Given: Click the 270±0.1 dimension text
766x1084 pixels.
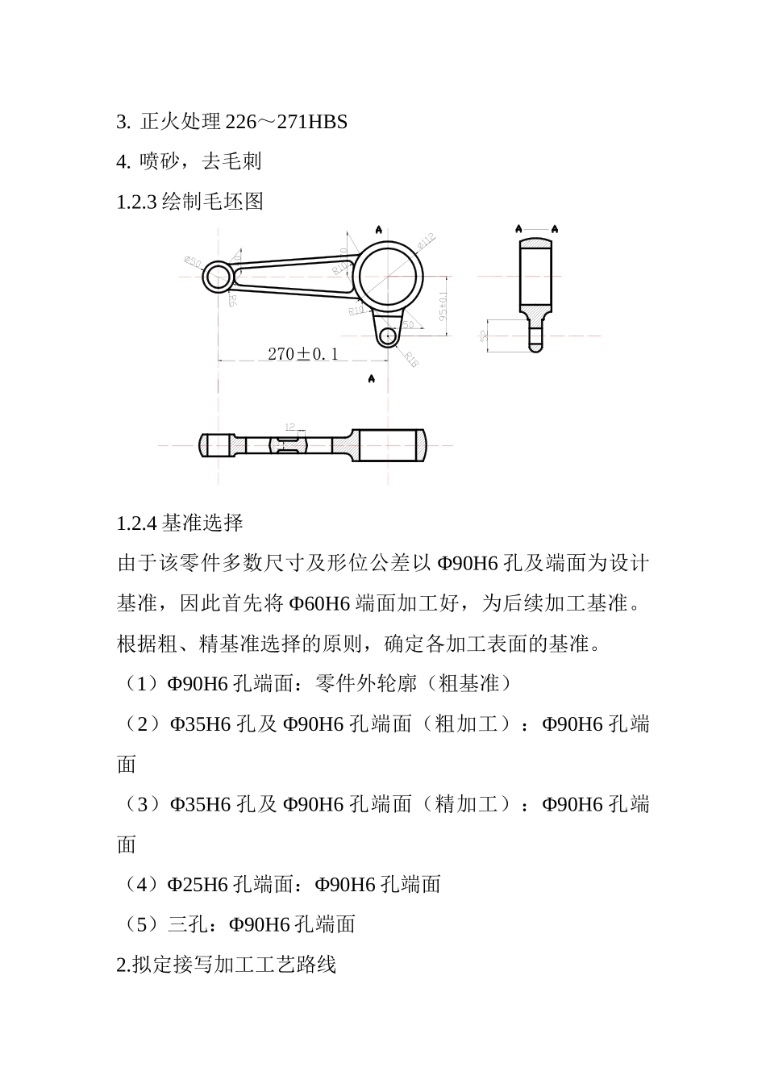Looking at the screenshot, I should coord(302,353).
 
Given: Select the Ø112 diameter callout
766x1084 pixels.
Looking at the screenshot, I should coord(426,241).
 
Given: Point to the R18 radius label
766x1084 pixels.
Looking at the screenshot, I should coord(411,360).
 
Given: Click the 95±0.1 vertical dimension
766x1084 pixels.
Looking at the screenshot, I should coord(443,306).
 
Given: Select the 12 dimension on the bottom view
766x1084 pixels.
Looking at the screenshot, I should coord(290,427).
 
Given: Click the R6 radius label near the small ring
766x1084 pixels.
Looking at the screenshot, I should coord(232,301).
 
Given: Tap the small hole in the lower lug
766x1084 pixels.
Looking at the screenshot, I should coord(388,335).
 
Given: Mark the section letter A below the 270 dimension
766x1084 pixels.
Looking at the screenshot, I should coord(371,378).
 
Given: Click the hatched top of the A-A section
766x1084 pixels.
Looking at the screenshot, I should coord(536,242).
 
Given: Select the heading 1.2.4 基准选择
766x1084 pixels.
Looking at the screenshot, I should coord(180,523).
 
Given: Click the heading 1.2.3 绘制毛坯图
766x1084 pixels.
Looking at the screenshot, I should coord(190,201).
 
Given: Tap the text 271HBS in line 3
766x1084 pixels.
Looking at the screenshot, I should coord(312,122).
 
